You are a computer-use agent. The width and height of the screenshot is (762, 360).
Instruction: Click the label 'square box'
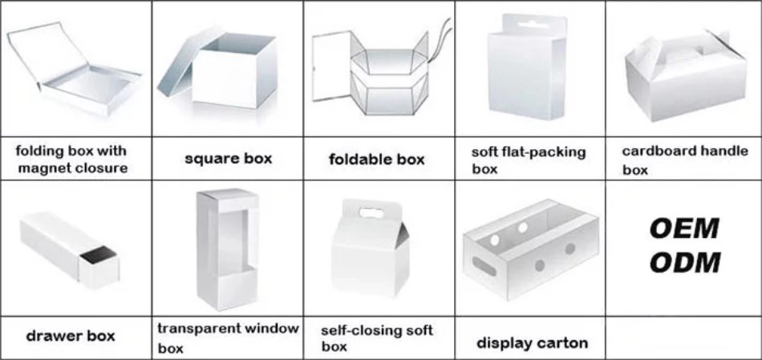tap(228, 158)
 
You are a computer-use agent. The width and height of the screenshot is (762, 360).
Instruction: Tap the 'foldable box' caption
tap(376, 159)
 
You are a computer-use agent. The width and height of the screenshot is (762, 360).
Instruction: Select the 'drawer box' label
tap(71, 335)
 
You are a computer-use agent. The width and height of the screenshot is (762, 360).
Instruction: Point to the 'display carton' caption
tap(532, 343)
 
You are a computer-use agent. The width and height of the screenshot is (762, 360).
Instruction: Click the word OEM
tap(684, 229)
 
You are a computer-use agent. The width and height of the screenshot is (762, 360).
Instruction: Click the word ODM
tap(684, 262)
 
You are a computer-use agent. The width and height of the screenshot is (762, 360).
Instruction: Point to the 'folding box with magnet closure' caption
tap(71, 159)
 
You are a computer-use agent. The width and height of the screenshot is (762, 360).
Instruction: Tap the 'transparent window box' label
tap(228, 338)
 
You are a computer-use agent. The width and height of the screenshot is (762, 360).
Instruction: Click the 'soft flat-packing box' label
tap(529, 160)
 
